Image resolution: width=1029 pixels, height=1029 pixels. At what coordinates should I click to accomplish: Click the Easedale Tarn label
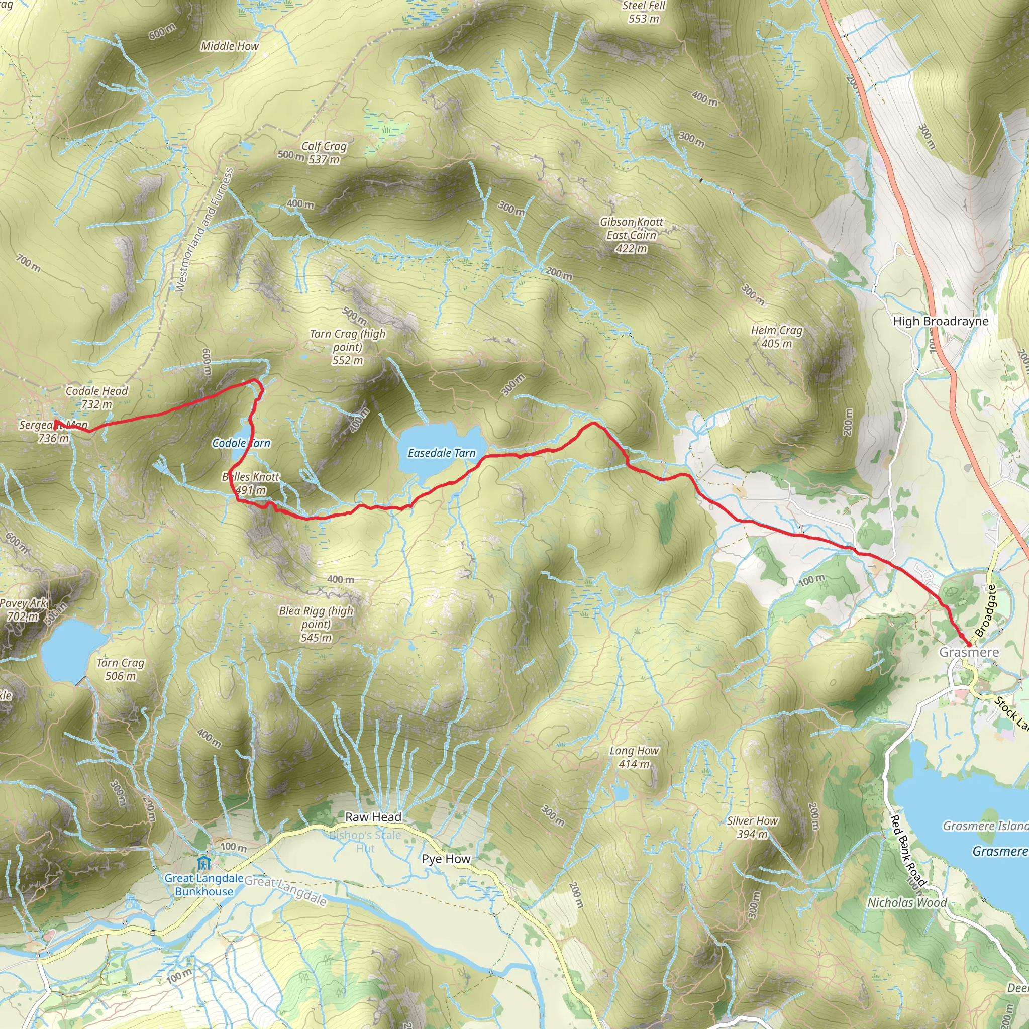441,453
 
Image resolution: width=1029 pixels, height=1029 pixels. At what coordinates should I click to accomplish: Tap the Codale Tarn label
241,443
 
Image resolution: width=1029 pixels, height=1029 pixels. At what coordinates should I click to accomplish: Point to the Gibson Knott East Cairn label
631,235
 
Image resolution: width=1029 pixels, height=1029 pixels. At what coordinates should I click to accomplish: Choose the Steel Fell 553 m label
644,12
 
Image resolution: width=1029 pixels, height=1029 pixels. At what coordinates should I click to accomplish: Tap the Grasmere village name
969,653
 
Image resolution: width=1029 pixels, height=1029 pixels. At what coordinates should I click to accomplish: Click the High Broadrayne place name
941,321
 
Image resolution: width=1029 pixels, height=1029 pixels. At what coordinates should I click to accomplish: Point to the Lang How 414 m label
634,757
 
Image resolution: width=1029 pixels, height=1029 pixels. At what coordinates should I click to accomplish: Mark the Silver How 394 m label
752,827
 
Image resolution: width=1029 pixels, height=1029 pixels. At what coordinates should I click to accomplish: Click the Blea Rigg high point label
316,624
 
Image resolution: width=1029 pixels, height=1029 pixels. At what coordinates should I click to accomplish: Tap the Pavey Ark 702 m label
23,610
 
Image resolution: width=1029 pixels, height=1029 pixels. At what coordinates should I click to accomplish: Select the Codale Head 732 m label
96,397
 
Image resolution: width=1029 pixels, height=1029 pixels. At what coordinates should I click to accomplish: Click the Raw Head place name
373,817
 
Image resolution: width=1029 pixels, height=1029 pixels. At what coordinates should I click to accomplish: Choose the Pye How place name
446,859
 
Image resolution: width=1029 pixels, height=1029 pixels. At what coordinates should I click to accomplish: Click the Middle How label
230,46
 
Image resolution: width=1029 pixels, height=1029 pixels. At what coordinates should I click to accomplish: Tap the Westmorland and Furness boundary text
204,230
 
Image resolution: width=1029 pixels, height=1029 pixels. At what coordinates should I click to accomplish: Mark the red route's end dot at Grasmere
968,645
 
